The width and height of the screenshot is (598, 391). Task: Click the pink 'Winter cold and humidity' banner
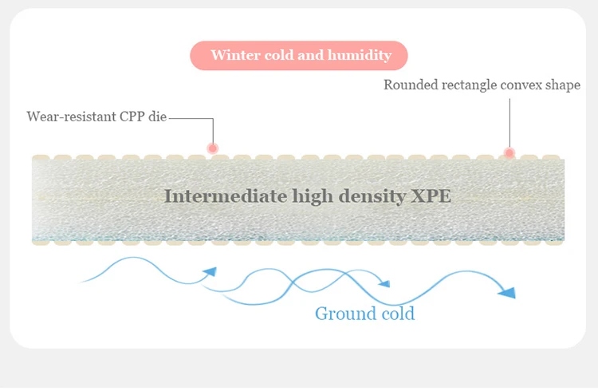point(299,56)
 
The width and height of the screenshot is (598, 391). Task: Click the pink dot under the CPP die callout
point(213,148)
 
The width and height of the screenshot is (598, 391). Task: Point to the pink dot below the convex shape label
point(509,153)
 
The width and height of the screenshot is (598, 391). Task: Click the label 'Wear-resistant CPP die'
point(96,117)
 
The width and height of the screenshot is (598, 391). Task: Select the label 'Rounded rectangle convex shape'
point(482,85)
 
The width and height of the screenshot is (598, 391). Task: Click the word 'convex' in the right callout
point(521,85)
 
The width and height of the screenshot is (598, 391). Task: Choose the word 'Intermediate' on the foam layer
point(226,196)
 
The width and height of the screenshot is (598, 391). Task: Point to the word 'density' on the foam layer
point(372,197)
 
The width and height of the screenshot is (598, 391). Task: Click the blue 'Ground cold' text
point(364,314)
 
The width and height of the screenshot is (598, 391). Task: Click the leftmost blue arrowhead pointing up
point(210,271)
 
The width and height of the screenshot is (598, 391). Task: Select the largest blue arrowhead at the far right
point(507,293)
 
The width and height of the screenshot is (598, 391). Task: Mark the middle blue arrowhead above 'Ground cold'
point(384,283)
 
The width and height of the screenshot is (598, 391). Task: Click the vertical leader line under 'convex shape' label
point(509,124)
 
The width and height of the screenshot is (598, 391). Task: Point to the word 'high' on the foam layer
point(313,197)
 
